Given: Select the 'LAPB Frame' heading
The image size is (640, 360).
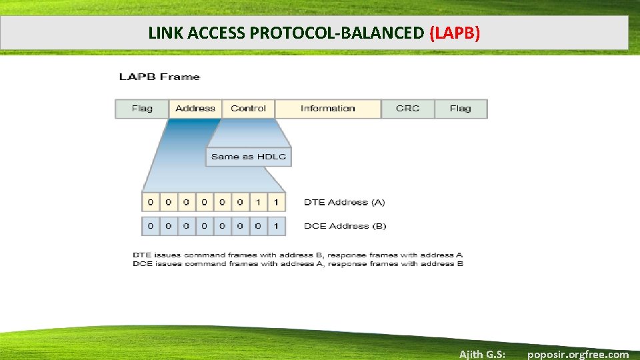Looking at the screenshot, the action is (x=159, y=77).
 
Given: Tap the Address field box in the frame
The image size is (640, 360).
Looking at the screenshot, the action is (x=195, y=109).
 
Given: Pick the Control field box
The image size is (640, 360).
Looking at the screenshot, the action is (x=248, y=109).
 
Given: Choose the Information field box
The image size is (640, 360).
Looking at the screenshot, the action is (x=327, y=109).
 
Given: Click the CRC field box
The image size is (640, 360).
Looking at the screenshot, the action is (x=407, y=109).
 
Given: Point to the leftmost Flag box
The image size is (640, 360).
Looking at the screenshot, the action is (x=142, y=109).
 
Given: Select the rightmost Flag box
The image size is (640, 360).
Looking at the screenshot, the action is (x=460, y=109).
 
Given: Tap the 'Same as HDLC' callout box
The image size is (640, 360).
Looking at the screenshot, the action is (x=248, y=157).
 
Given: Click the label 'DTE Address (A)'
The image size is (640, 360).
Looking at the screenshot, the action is (x=344, y=202).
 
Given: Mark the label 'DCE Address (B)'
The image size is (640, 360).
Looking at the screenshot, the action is (x=345, y=226).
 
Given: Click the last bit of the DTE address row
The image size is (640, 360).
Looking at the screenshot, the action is (x=276, y=202).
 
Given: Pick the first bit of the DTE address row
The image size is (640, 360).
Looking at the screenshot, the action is (x=150, y=202).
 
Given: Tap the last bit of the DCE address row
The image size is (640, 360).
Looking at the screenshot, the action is (x=276, y=226).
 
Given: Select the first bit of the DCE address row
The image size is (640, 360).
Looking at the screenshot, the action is (x=150, y=226).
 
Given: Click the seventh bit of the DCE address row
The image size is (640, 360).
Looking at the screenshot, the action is (x=258, y=226).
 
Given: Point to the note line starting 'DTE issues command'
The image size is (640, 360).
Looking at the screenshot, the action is (x=297, y=255).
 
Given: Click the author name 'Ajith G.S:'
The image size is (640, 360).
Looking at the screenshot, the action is (x=482, y=354).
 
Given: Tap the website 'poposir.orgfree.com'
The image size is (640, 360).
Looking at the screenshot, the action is (x=577, y=354).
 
